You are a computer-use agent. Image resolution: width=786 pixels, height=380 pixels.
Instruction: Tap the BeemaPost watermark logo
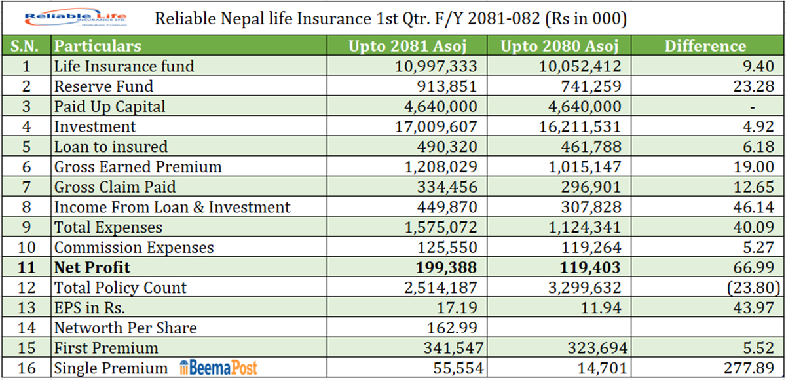pos(220,368)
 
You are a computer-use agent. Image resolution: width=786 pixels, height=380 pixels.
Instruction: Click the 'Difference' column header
pos(705,46)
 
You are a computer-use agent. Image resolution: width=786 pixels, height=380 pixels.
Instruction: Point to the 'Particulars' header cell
pos(98,46)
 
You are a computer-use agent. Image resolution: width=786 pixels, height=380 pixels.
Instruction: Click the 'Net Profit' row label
pos(92,267)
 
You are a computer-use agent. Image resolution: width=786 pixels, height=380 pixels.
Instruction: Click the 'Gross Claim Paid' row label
pos(115,187)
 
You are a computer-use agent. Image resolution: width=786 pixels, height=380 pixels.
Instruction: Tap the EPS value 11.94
pos(601,307)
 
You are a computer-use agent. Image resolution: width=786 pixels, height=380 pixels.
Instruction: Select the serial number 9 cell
pos(26,227)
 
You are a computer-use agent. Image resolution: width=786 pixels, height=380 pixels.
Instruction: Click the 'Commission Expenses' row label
pos(134,248)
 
